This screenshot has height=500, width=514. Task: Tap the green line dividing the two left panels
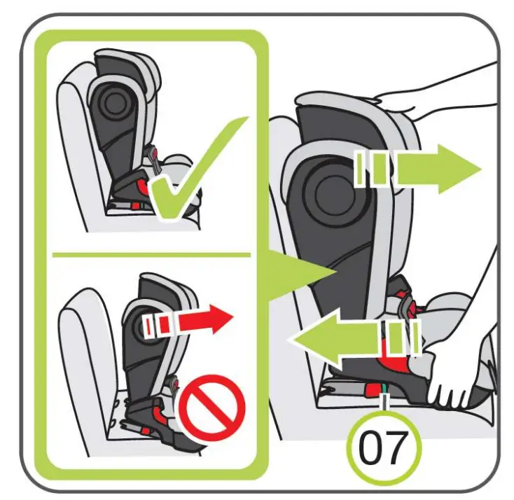(151, 254)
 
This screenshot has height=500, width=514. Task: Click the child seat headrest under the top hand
(350, 116)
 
